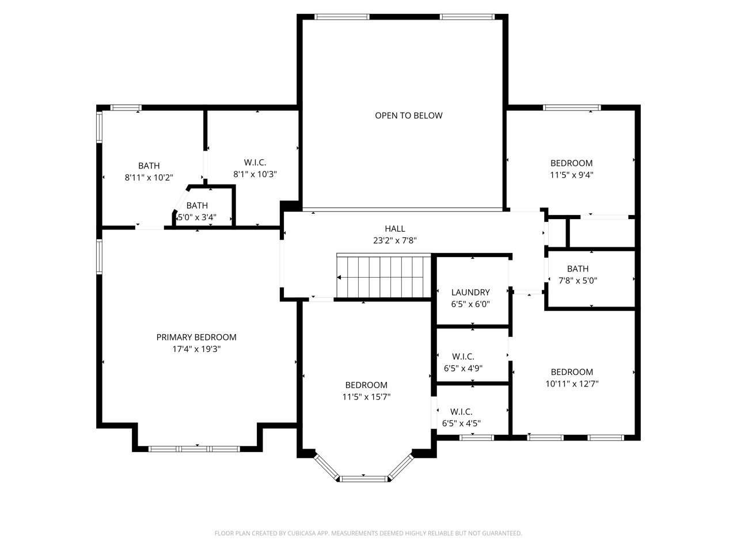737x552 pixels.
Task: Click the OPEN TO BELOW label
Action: [x=408, y=116]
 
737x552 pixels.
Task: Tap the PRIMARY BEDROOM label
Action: [x=196, y=337]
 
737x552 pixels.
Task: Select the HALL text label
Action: [x=395, y=229]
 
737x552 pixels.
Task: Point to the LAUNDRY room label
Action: [x=470, y=292]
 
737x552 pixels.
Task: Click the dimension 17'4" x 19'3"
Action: [x=196, y=349]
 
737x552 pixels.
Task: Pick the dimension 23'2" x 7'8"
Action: [x=395, y=240]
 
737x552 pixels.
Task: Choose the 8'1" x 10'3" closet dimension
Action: [x=255, y=174]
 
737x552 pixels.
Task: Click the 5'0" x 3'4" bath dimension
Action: [x=197, y=217]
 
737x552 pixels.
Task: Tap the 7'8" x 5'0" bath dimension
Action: [x=578, y=281]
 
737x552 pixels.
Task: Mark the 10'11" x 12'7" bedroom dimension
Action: [x=572, y=384]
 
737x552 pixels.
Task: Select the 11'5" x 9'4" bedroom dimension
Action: [x=572, y=175]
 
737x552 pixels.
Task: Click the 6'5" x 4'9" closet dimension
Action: [x=463, y=369]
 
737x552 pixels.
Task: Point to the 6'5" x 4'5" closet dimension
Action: [x=461, y=423]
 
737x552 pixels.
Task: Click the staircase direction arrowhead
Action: [x=339, y=278]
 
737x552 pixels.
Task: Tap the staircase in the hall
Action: [x=384, y=275]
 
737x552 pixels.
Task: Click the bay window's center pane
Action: [x=364, y=479]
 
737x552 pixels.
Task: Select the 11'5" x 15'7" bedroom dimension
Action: [x=366, y=397]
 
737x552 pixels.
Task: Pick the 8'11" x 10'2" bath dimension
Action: [x=149, y=177]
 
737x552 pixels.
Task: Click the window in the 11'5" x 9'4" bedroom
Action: [x=572, y=108]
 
